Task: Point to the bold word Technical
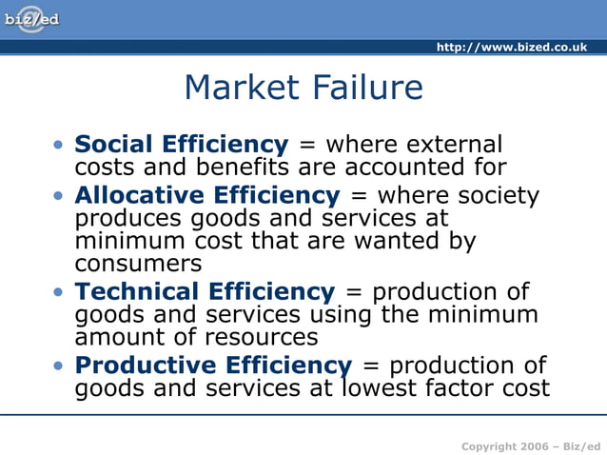click(138, 292)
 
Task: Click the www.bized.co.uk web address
click(512, 47)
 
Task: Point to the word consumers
click(138, 264)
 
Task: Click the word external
click(453, 145)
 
